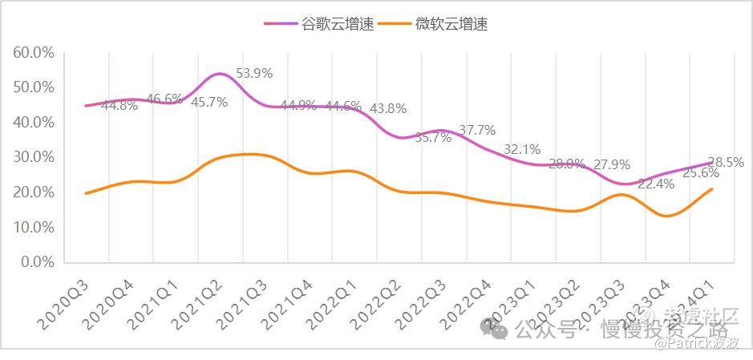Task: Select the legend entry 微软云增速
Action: tap(437, 23)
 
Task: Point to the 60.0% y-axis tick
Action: tap(33, 52)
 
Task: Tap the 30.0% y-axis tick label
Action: tap(33, 157)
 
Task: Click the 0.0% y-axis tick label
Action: tap(36, 262)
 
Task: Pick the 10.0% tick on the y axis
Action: tap(33, 227)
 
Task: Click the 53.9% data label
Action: tap(254, 73)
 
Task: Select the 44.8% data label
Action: tap(119, 105)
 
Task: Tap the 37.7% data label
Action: tap(477, 130)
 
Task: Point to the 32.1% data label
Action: tap(522, 149)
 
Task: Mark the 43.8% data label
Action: tap(388, 108)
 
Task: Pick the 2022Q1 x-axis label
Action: tap(325, 301)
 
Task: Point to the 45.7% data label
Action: tap(209, 102)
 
